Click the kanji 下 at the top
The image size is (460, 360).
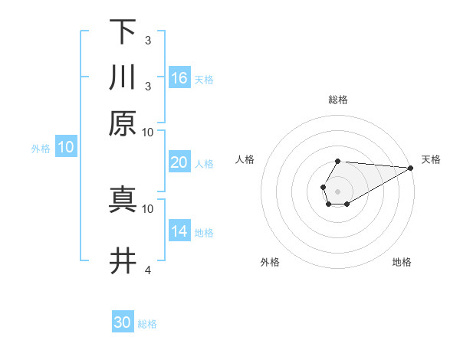click(123, 32)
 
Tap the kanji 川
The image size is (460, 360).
click(123, 77)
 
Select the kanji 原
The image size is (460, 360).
click(123, 123)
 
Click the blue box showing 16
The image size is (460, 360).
click(179, 78)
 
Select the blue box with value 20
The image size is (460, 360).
click(179, 162)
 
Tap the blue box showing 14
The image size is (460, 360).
click(179, 231)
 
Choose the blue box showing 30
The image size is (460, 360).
click(123, 322)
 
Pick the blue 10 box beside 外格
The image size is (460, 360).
click(66, 148)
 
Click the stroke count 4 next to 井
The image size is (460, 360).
click(148, 270)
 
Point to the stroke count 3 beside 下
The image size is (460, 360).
click(148, 40)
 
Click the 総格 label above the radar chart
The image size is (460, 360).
click(338, 100)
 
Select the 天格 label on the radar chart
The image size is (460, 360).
click(432, 159)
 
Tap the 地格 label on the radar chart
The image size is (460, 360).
click(402, 262)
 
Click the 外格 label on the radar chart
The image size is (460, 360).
click(270, 262)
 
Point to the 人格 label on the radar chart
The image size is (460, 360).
click(245, 159)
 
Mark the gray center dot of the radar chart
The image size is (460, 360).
click(337, 190)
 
